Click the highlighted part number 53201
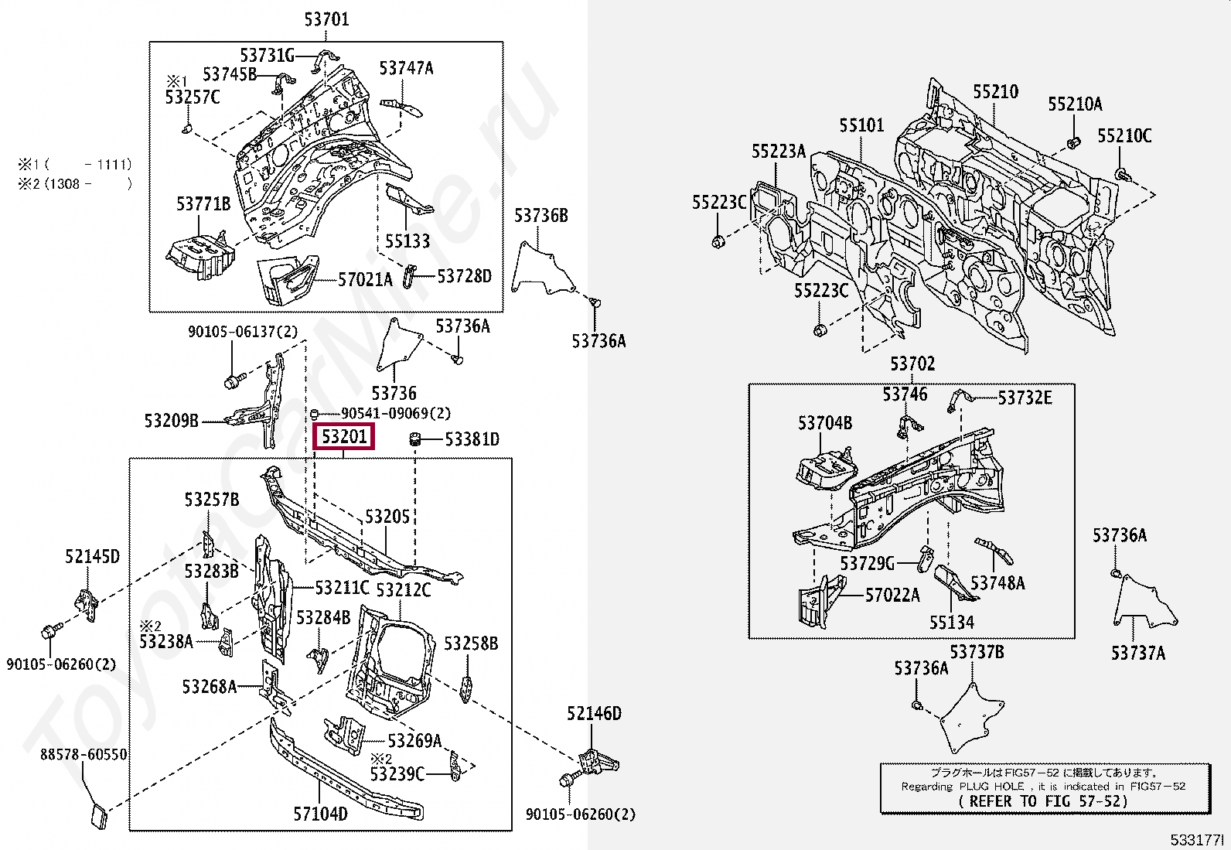tap(344, 437)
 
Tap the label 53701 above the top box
tap(326, 19)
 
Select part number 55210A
tap(1075, 104)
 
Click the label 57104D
tap(320, 814)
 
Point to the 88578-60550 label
tap(83, 754)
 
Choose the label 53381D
tap(472, 439)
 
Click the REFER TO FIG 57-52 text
tap(1043, 801)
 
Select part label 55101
tap(861, 125)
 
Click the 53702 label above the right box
tap(912, 364)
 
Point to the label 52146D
tap(594, 713)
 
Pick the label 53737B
tap(977, 652)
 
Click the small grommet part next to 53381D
tap(414, 439)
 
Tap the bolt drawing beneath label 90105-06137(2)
tap(234, 381)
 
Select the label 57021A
tap(365, 279)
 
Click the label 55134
tap(952, 623)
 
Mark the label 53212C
tap(403, 590)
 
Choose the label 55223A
tap(779, 152)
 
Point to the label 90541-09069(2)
tap(396, 414)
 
